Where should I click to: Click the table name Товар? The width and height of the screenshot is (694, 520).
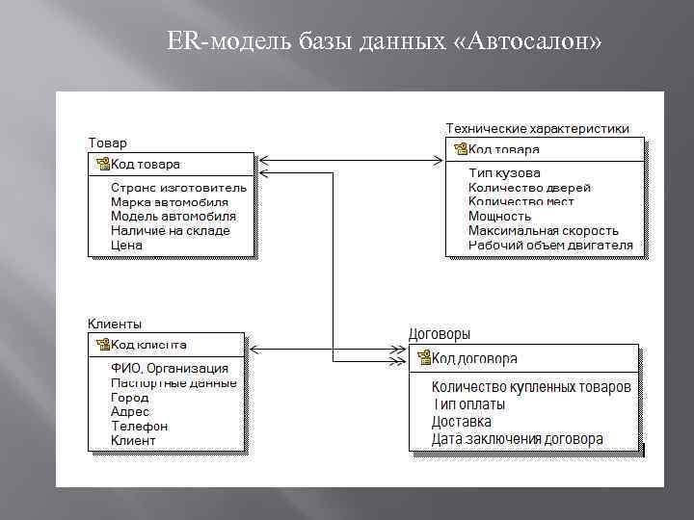(108, 143)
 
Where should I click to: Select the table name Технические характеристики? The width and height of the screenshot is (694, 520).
(537, 128)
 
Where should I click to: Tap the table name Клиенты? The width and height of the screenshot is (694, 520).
(115, 325)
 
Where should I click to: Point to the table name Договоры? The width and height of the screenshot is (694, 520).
(440, 334)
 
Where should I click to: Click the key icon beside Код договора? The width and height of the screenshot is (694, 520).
(423, 358)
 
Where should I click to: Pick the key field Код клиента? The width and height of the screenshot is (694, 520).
(148, 344)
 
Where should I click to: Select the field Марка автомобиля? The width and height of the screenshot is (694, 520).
(169, 202)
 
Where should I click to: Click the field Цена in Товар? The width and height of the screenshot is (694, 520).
(126, 245)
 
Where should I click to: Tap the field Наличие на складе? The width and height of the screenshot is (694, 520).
(170, 230)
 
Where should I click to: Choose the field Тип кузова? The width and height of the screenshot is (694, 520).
(504, 173)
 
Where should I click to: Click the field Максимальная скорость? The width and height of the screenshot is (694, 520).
(543, 230)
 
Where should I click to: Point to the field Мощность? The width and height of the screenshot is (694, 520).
(499, 216)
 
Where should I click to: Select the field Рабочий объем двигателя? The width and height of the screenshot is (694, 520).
(550, 245)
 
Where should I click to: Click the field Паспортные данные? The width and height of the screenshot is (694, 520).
(173, 382)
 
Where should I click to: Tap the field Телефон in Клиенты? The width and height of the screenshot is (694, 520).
(139, 426)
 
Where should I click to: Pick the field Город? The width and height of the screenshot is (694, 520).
(129, 397)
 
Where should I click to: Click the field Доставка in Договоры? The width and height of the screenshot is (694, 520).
(461, 422)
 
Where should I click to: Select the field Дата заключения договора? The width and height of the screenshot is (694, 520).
(517, 439)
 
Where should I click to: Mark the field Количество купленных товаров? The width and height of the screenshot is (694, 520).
(531, 387)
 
